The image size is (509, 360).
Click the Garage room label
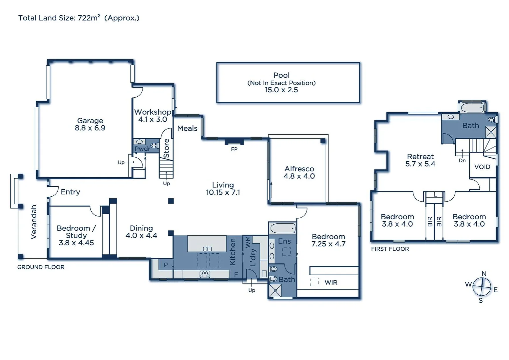(90, 121)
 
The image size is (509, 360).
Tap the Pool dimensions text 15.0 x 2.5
(281, 90)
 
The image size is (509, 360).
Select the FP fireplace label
(234, 149)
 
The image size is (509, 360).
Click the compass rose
(482, 287)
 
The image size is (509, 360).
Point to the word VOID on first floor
(482, 167)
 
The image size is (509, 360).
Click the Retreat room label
(420, 157)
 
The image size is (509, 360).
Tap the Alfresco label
(299, 169)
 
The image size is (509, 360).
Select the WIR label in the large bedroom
(331, 283)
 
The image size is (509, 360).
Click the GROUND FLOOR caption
(41, 267)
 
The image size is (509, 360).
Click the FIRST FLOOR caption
(390, 249)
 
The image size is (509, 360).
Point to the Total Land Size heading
(79, 18)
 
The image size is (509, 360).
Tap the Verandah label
(34, 222)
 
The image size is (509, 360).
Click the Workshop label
(153, 112)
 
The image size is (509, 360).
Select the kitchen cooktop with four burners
(205, 274)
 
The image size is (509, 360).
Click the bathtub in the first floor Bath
(472, 108)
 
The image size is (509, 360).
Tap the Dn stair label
(462, 160)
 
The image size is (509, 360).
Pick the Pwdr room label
(142, 149)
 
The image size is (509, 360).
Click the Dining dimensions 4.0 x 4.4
(141, 236)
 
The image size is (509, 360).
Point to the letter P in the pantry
(166, 265)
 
